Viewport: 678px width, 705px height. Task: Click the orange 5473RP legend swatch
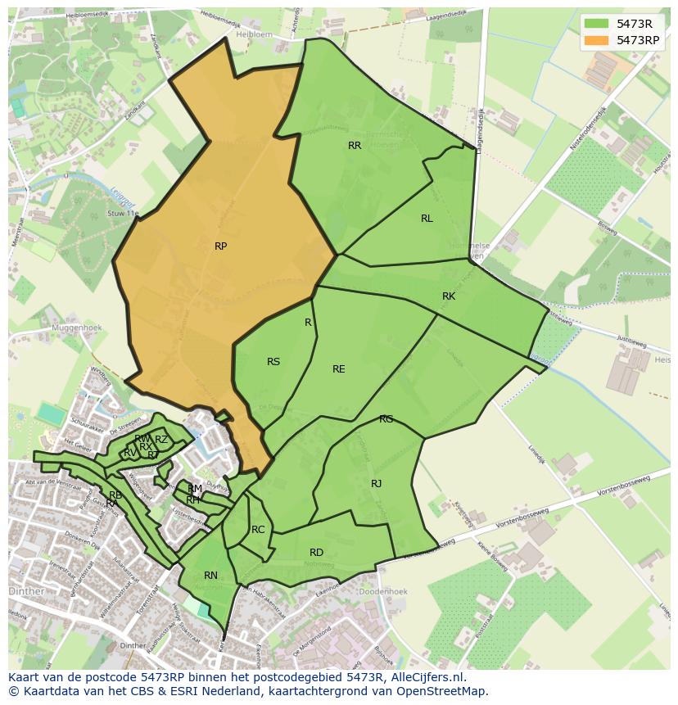point(597,39)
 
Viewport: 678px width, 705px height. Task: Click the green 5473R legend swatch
point(597,23)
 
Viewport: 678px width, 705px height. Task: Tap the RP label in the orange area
point(220,246)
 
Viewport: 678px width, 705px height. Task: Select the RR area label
point(355,146)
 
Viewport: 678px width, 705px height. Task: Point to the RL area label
point(427,219)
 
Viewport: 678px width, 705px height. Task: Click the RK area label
point(448,296)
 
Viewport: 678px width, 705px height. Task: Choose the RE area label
point(338,369)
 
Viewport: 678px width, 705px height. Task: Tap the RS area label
point(273,362)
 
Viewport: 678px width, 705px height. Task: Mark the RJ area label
point(376,484)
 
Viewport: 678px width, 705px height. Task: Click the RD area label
point(316,553)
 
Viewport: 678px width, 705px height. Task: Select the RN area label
point(210,576)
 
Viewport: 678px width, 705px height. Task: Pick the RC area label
point(258,530)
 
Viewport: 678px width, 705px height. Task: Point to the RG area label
point(386,419)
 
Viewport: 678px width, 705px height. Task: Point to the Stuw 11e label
point(123,214)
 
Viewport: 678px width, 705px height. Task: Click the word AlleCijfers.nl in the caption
point(427,677)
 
